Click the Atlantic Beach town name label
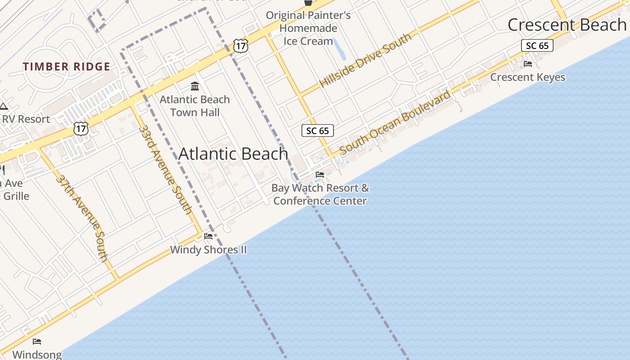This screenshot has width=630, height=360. tap(233, 154)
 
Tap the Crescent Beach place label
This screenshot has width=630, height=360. tap(567, 25)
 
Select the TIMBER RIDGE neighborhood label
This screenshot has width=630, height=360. tap(67, 67)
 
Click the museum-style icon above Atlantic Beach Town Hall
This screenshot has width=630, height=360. tap(195, 86)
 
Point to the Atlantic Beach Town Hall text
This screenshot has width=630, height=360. tap(195, 106)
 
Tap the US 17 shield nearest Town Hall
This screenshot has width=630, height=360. tap(240, 45)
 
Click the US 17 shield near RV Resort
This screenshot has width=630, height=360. tap(81, 128)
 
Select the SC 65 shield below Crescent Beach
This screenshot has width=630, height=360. tap(537, 45)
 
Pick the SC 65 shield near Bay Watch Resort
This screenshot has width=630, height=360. tap(317, 131)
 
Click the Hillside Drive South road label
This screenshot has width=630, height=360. tap(365, 60)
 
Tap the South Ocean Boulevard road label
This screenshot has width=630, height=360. tap(395, 122)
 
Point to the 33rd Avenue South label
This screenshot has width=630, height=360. tap(165, 169)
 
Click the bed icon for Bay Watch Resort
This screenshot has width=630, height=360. tap(320, 174)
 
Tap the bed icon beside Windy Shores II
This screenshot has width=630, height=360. tap(208, 236)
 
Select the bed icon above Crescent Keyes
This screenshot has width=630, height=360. tap(528, 64)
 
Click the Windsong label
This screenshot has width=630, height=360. tap(37, 355)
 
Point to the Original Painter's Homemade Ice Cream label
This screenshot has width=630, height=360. tap(308, 28)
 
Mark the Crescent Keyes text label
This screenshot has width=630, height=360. tap(527, 77)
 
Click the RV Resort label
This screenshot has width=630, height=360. tap(26, 119)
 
